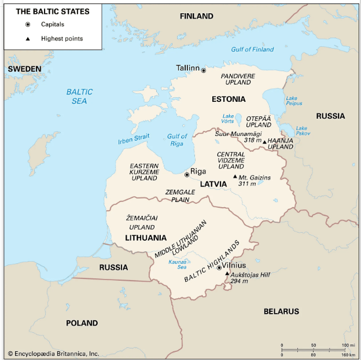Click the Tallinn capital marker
(203, 70)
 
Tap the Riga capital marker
(186, 174)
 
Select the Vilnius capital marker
(219, 267)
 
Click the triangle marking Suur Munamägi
(264, 142)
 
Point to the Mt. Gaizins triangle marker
(234, 177)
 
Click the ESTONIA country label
(229, 99)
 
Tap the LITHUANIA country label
(146, 238)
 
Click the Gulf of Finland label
(252, 50)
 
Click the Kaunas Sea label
(177, 264)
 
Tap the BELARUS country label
(281, 311)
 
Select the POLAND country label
(82, 323)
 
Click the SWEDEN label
(24, 69)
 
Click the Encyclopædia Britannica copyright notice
(53, 353)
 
